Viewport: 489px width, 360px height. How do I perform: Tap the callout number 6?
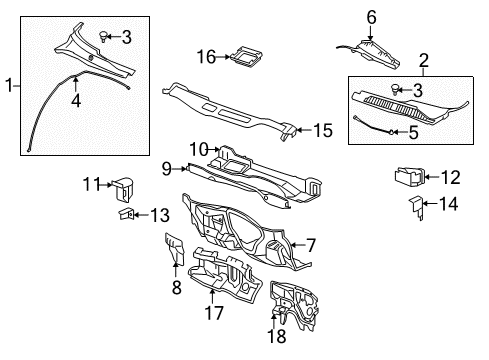coord(371,16)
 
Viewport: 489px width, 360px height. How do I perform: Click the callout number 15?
coord(323,130)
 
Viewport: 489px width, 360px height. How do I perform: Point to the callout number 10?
coord(198,148)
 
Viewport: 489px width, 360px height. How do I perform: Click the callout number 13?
coord(159,213)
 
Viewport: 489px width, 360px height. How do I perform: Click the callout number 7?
coord(311,243)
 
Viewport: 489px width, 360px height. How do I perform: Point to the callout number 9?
coord(167,168)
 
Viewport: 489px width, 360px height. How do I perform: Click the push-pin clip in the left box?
coord(103,36)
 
